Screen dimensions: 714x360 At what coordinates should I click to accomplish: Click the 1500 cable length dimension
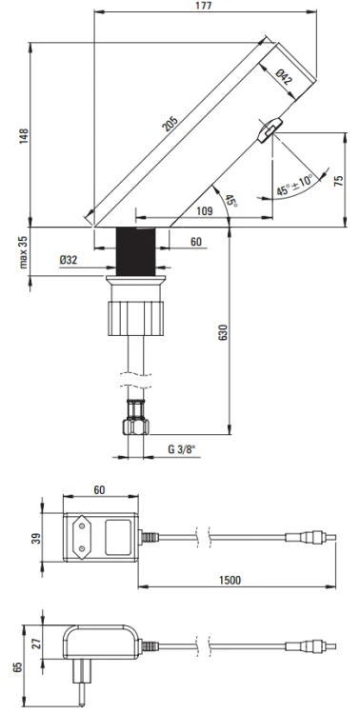point(228,580)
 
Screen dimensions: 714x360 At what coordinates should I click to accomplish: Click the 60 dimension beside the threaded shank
point(195,242)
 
